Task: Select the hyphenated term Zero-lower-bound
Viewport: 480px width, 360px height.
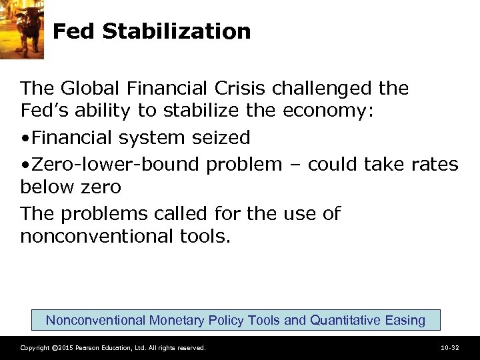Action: pos(115,164)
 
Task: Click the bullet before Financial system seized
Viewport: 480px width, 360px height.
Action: pos(24,139)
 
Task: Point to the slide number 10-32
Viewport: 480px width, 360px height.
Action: pos(449,348)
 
